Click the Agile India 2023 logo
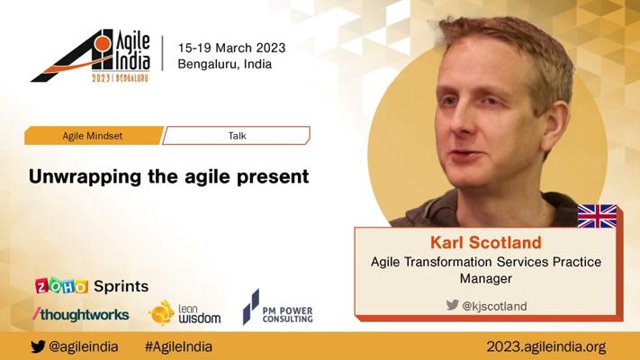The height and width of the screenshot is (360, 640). tap(91, 56)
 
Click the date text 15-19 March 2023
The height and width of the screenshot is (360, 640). tap(231, 48)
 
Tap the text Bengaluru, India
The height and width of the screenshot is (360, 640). tap(224, 64)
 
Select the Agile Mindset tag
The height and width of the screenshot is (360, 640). tap(94, 136)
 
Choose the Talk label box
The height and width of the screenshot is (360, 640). tap(237, 136)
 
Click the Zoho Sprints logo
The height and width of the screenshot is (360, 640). tap(92, 285)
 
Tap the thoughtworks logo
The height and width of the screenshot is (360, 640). tap(81, 314)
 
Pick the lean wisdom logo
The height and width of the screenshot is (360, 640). tap(185, 313)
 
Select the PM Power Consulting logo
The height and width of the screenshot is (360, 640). tap(278, 307)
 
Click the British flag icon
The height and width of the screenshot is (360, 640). tap(597, 216)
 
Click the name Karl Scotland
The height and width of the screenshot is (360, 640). tap(486, 242)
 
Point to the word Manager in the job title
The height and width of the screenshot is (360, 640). tap(486, 278)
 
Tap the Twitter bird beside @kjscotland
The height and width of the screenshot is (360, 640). tap(452, 304)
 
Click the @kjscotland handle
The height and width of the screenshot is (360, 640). tap(494, 306)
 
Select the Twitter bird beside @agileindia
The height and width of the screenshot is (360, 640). tap(38, 346)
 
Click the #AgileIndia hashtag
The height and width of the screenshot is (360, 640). tap(178, 346)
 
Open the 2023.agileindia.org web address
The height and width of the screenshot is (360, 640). tap(546, 346)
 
